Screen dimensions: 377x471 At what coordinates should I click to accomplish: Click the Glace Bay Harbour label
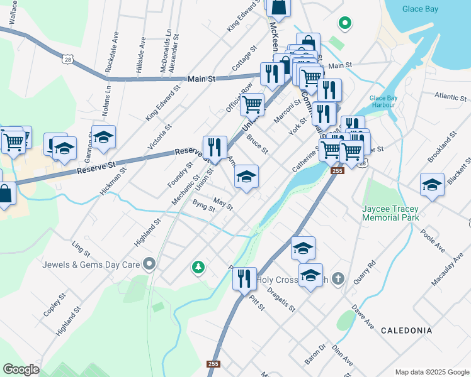click(x=382, y=101)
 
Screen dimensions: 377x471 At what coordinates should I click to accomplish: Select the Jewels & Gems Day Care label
click(x=91, y=265)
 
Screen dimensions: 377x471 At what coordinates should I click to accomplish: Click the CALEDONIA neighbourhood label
click(x=407, y=331)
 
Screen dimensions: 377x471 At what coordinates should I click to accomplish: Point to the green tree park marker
click(x=198, y=268)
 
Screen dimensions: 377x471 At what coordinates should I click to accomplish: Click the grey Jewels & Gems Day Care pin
click(x=149, y=264)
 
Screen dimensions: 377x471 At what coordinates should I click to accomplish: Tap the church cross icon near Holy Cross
click(x=338, y=278)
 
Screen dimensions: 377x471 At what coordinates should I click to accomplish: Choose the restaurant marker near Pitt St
click(x=245, y=278)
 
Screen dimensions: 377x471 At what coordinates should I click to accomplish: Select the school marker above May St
click(x=246, y=177)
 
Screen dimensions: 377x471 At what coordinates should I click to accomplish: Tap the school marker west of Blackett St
click(x=432, y=185)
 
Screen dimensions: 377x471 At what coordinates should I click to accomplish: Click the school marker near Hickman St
click(x=104, y=136)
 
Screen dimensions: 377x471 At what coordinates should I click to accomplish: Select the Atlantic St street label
click(x=450, y=97)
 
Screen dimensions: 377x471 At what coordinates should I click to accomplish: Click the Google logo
click(x=21, y=369)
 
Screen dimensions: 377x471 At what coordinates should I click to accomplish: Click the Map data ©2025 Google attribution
click(x=431, y=372)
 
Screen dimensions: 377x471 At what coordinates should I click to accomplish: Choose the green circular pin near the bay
click(x=344, y=24)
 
